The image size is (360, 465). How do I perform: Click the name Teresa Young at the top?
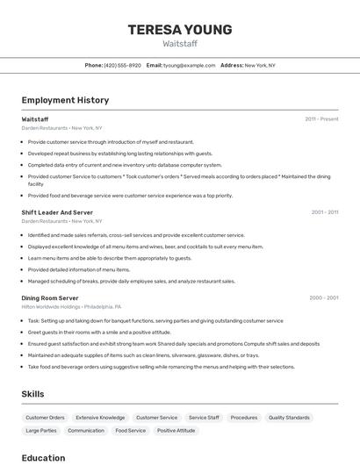coord(180,30)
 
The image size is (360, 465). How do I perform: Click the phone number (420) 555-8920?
coord(122,65)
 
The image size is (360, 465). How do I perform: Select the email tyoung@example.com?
coord(189,65)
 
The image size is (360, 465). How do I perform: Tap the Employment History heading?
coord(65,101)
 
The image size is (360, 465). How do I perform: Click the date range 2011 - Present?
coord(321,118)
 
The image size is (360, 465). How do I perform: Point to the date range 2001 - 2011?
coord(324,211)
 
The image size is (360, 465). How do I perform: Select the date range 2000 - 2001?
coord(323,297)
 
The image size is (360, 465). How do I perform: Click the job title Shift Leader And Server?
coord(57,212)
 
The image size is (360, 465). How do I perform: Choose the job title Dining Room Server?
coord(50,298)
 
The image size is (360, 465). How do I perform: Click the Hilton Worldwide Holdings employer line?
coord(71,307)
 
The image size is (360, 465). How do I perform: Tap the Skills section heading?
coord(33,394)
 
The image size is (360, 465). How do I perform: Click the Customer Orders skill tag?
coord(45,418)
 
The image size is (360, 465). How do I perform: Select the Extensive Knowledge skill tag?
coord(100,418)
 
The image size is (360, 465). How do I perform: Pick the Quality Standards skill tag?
coord(289,418)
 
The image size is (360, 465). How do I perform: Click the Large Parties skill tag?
coord(41,431)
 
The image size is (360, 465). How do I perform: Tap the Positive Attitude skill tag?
coord(176,431)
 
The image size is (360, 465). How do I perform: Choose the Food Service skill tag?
coord(131,431)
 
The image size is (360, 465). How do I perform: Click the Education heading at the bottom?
coord(43,457)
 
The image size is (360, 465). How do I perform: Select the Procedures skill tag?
coord(244,418)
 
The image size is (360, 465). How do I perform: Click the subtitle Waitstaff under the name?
coord(180,43)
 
